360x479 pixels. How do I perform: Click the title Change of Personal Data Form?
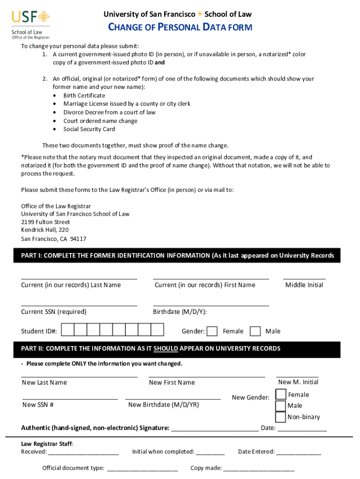point(180,28)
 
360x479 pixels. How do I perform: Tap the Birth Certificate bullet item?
point(84,95)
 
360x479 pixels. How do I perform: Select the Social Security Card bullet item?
point(89,129)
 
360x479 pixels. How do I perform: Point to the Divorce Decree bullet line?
point(109,112)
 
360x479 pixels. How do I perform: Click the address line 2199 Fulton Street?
point(45,222)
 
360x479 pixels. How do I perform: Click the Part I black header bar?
point(178,256)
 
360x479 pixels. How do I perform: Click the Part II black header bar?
point(178,348)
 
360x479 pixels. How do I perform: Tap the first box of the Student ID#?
point(68,330)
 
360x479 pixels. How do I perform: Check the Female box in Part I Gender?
point(212,331)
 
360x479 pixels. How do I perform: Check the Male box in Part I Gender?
point(255,331)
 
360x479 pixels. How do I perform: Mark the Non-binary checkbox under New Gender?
point(281,417)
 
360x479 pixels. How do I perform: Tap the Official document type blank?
point(143,468)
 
